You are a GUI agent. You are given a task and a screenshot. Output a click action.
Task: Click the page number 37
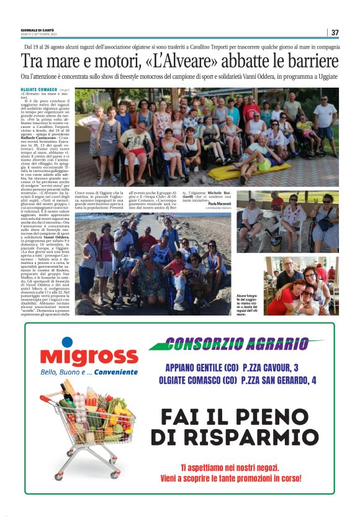(335, 32)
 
